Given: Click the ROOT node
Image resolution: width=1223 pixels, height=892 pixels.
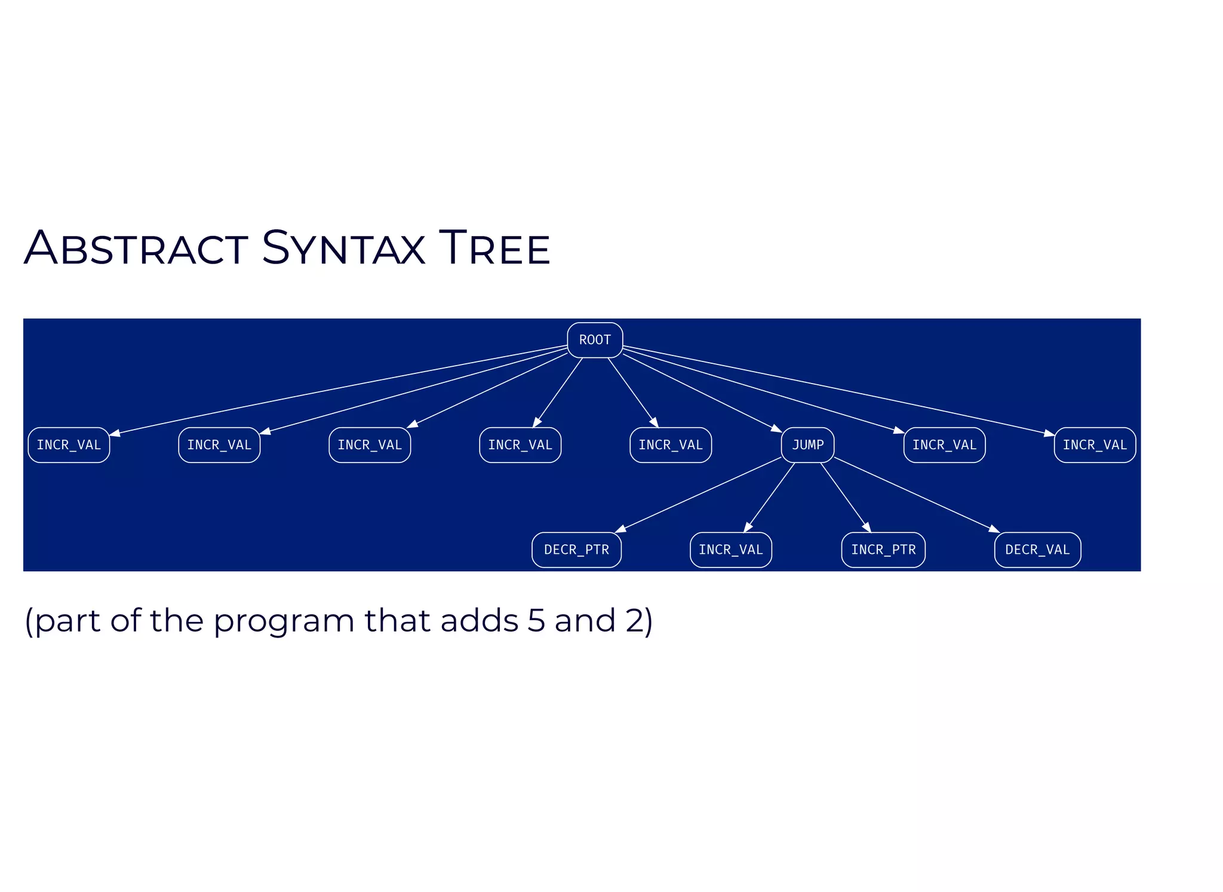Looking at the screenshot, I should pos(595,340).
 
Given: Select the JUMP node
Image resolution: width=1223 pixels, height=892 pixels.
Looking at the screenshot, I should pos(807,445).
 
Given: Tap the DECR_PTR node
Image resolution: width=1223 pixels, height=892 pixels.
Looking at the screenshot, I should pos(576,550).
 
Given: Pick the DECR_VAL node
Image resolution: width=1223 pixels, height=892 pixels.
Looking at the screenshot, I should pos(1037,550).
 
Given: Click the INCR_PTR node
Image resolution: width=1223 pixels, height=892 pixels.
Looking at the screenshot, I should pos(883,550).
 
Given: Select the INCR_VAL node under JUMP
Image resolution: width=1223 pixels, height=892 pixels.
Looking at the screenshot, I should pos(731,550).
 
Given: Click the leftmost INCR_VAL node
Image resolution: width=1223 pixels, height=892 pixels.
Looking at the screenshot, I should pos(69,445).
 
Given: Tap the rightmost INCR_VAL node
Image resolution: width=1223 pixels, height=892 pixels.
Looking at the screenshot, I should pos(1095,445).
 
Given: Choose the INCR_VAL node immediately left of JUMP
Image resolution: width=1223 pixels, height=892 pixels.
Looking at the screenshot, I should pos(671,445).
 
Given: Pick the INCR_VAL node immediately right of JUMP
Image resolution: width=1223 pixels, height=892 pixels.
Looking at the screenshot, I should pos(944,445).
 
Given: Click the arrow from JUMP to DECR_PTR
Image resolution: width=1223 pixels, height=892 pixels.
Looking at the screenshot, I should pos(699,495).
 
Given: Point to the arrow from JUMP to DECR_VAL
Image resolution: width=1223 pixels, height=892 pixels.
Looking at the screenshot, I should pos(917,495).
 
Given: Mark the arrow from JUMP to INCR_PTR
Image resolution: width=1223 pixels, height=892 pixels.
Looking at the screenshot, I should pos(845,497).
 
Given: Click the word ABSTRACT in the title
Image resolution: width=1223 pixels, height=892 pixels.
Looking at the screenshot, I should pos(136,248).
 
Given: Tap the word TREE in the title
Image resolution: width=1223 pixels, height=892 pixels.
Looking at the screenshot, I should pos(494,248).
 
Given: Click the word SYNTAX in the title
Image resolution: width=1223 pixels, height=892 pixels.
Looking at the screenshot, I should pos(343,248).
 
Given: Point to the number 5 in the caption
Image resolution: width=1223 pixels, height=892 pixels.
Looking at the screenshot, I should pos(536,620).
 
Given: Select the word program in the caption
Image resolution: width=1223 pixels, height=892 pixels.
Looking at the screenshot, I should pos(284,621).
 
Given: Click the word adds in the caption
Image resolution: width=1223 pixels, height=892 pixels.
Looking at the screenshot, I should pos(480,620).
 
